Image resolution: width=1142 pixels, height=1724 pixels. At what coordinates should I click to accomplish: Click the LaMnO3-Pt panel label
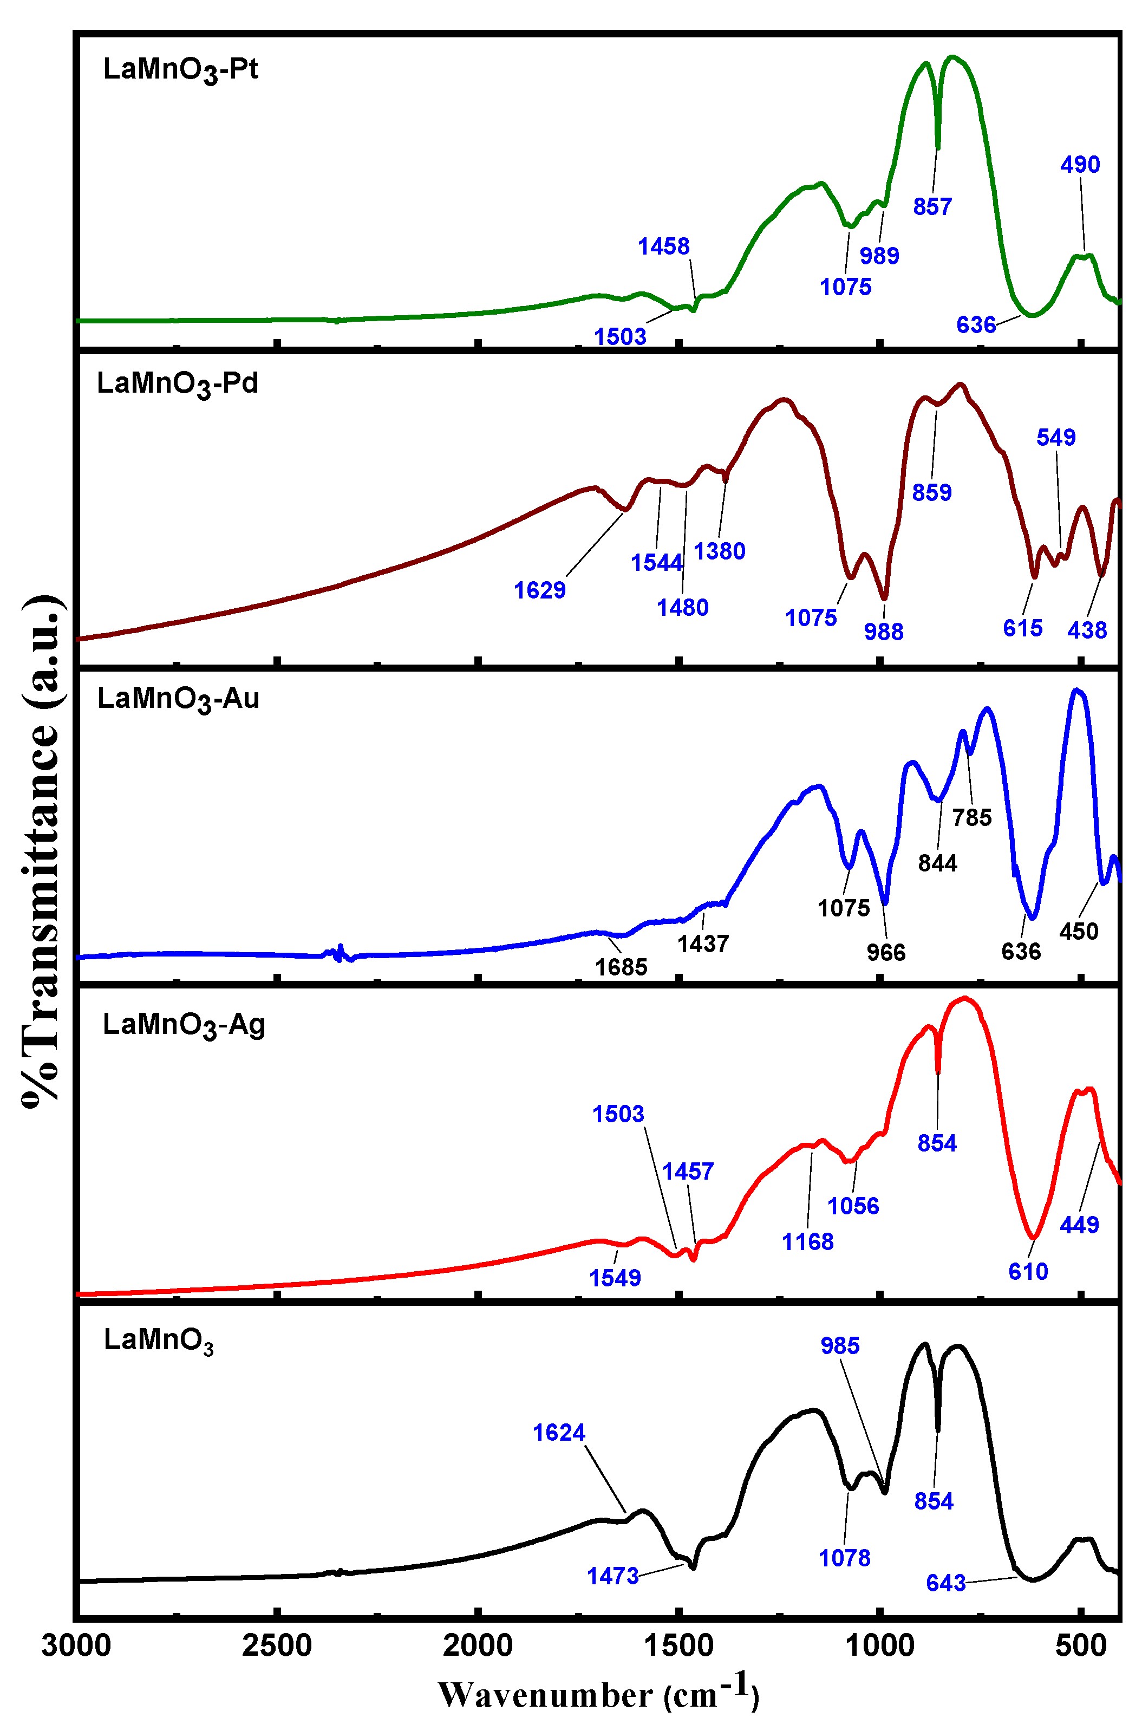point(181,70)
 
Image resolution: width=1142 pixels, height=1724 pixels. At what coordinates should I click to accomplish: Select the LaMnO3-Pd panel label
point(178,385)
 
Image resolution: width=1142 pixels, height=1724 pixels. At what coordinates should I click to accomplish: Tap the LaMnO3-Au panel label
point(179,700)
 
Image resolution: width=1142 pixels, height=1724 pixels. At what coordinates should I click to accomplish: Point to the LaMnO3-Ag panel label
point(184,1025)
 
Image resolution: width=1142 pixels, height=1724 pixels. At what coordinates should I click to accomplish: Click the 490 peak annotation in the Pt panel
point(1079,165)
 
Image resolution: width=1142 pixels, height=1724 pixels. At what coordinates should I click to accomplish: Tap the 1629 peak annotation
point(540,590)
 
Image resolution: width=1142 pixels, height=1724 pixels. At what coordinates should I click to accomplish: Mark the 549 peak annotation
point(1055,437)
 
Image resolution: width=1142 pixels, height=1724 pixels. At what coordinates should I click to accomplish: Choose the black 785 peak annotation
point(971,817)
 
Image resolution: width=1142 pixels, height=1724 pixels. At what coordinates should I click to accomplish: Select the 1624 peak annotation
point(559,1433)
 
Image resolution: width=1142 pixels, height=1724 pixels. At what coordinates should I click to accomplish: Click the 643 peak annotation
point(945,1583)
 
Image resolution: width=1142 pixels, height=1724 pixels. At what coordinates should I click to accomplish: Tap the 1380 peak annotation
point(719,551)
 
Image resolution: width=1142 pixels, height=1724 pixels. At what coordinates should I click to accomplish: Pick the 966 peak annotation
point(886,952)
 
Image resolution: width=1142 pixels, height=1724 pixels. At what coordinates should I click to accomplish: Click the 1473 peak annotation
point(612,1576)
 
